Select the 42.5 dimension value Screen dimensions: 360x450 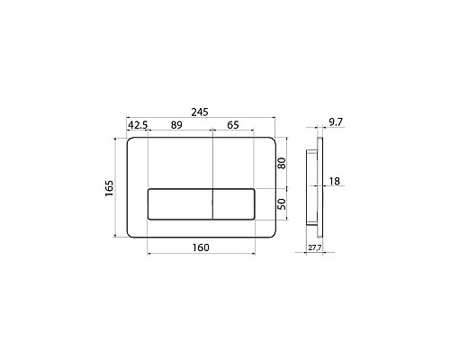138,126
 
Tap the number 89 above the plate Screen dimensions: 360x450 178,126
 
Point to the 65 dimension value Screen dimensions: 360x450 232,126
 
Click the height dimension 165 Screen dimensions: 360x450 109,188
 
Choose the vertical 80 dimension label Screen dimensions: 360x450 282,164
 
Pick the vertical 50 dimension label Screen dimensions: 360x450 282,204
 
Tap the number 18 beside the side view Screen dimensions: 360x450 334,182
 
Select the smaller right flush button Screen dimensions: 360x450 235,204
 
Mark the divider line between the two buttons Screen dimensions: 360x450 212,204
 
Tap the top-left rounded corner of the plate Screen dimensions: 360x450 132,142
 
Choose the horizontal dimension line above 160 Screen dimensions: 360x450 202,255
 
